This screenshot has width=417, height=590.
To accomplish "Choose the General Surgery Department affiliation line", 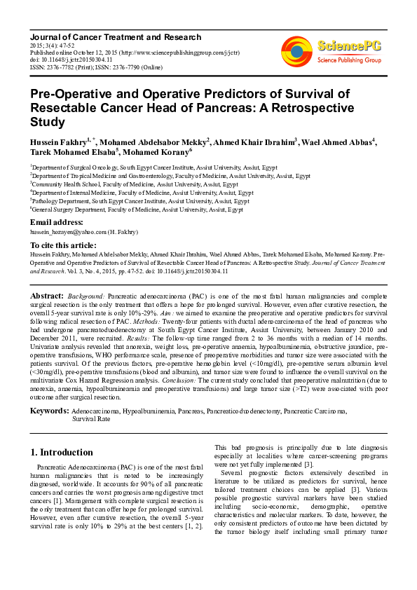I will (137, 210).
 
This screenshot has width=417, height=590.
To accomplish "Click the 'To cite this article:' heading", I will (64, 246).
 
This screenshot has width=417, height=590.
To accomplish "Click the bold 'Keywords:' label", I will (49, 410).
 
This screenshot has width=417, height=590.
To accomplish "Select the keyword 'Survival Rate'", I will (91, 418).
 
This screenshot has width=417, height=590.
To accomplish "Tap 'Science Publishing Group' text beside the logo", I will (348, 60).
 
